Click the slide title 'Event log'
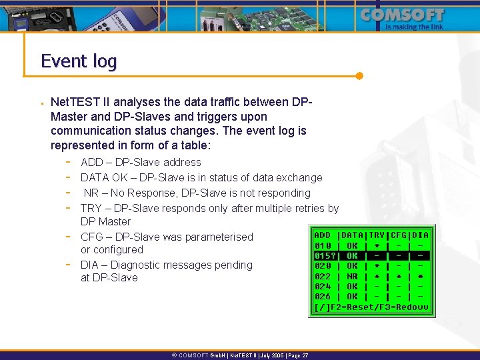[x=79, y=61]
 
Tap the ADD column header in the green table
[x=323, y=235]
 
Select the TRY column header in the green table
[x=377, y=235]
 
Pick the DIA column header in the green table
[x=421, y=235]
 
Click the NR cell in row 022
[x=353, y=276]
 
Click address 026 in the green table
[x=323, y=296]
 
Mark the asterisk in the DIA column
[x=421, y=276]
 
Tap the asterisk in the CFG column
[x=399, y=276]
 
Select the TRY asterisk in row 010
[x=377, y=245]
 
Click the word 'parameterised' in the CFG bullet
[x=219, y=237]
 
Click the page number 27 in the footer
[x=305, y=356]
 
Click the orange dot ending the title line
[x=359, y=75]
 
